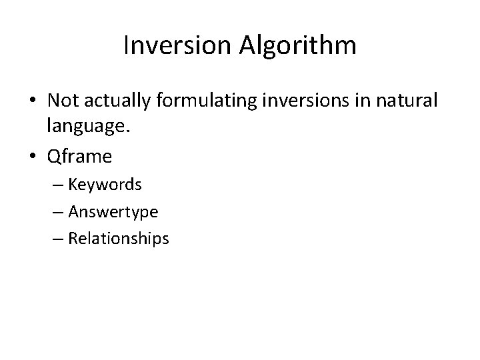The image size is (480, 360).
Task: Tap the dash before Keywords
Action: (58, 185)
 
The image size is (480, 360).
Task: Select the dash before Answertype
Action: (58, 212)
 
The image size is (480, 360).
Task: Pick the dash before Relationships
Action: (58, 239)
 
